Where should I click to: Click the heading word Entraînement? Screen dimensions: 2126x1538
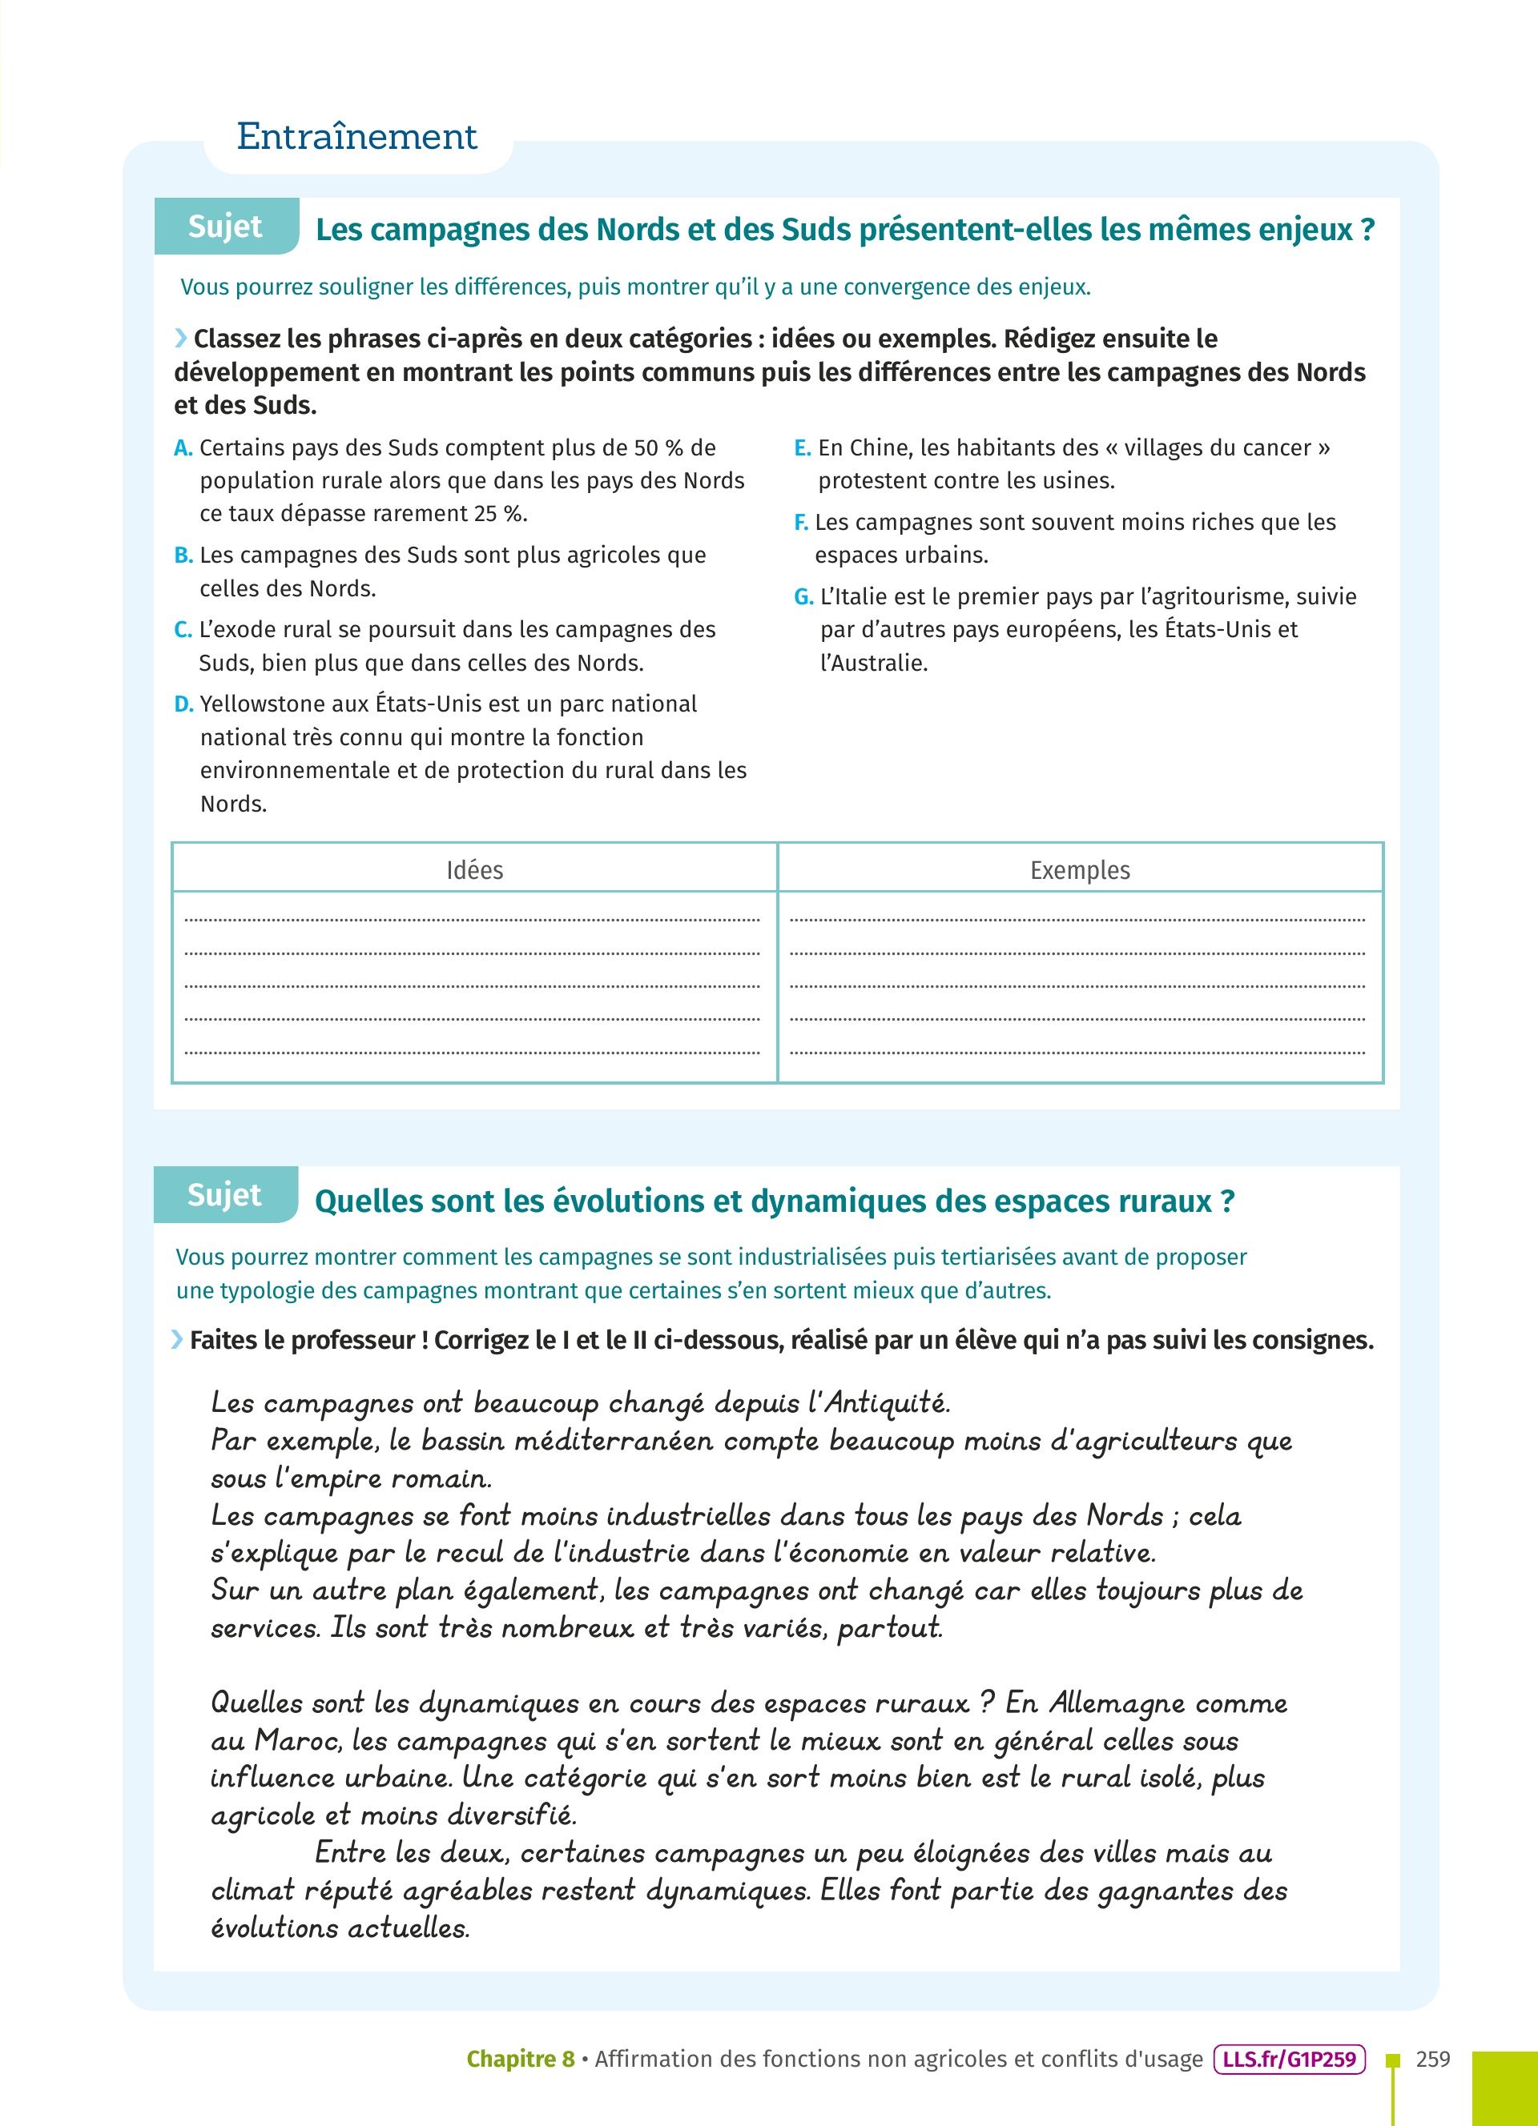point(356,137)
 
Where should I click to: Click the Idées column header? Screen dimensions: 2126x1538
point(474,870)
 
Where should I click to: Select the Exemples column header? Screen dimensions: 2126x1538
point(1080,870)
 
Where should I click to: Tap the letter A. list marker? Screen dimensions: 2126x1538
point(183,448)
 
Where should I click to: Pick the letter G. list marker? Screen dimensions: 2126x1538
point(803,597)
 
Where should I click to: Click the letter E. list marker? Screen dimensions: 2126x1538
point(802,448)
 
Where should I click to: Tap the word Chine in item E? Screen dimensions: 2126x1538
point(879,448)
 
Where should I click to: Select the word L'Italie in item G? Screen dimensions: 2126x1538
point(853,597)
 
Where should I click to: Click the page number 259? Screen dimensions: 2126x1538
point(1433,2060)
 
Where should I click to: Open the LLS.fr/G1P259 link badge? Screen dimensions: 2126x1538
point(1290,2060)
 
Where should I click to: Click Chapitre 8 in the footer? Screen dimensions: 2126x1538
point(521,2060)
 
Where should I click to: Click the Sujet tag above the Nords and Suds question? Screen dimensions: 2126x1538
point(225,227)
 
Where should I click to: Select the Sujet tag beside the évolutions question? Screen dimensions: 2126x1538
point(224,1195)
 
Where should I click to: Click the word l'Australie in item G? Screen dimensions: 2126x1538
point(873,663)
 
